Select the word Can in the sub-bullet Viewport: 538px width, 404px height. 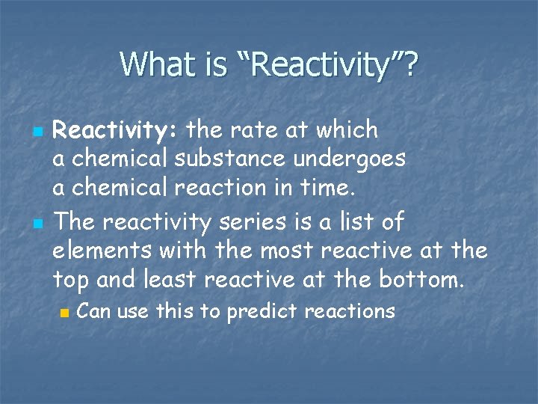pyautogui.click(x=95, y=310)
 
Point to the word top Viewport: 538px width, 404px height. pyautogui.click(x=71, y=281)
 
